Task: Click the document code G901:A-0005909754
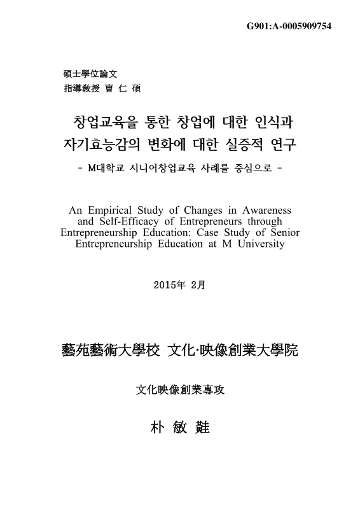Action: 289,26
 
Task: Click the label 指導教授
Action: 76,88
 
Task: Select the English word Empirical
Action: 111,210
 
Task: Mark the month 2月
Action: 198,284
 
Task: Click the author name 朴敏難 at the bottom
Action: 179,427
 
